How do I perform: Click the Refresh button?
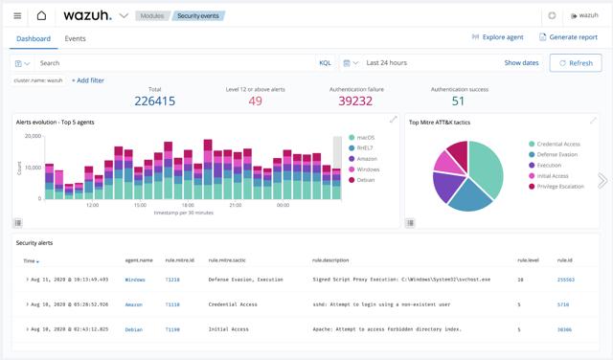coord(576,63)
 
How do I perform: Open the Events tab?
coord(75,38)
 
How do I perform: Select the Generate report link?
coord(568,37)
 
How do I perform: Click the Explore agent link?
coord(497,37)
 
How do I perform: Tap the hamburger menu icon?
coord(17,15)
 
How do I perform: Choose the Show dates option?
coord(521,63)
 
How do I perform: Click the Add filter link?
coord(88,80)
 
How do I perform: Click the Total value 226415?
coord(155,101)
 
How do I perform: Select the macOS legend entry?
coord(365,138)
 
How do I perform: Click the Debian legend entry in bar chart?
coord(366,180)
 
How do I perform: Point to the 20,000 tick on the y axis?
coord(32,136)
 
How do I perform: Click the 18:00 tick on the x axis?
coord(188,205)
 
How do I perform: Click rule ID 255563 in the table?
coord(565,280)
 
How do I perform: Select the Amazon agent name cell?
coord(133,304)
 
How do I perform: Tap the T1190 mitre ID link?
coord(172,329)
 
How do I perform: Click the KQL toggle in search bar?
coord(325,63)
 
